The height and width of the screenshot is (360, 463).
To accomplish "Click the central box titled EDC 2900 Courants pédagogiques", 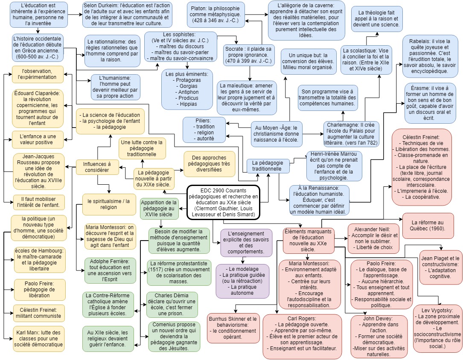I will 223,203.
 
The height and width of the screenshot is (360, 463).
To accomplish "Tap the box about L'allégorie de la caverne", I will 298,20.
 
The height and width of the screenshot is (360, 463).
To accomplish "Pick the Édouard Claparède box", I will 38,108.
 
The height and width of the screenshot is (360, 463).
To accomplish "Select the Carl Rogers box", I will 303,337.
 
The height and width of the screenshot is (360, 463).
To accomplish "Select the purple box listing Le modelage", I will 242,281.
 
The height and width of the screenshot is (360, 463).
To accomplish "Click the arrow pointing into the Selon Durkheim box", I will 80,14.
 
